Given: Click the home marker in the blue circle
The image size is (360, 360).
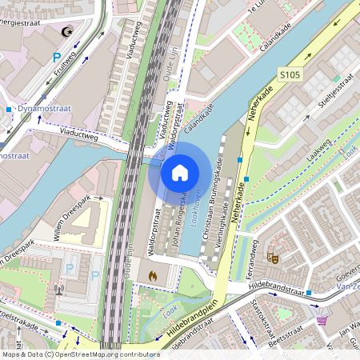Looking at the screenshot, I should pos(180,172).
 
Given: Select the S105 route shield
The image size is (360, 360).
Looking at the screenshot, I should pos(290,74).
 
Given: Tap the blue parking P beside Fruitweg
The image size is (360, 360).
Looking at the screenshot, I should pos(56,57).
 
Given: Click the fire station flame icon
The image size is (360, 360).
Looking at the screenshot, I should pos(153,274).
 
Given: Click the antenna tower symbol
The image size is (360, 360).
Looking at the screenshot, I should pos(58,289).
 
